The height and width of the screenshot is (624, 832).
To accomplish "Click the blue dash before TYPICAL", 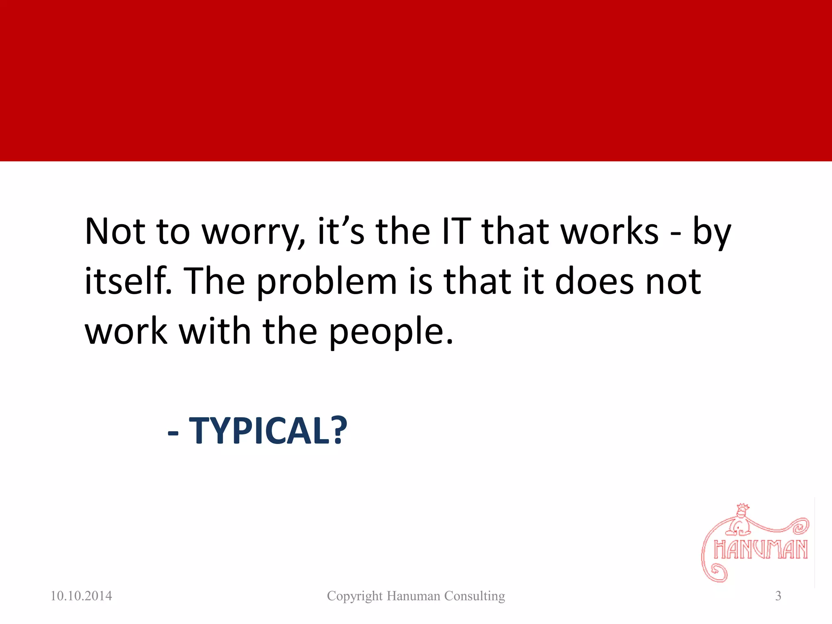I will (173, 433).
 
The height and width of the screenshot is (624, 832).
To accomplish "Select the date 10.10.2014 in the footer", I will (81, 596).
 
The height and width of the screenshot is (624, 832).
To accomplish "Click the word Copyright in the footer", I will (355, 596).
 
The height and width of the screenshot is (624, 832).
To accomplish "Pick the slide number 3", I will (778, 596).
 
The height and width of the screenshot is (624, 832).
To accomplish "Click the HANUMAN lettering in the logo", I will (760, 550).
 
